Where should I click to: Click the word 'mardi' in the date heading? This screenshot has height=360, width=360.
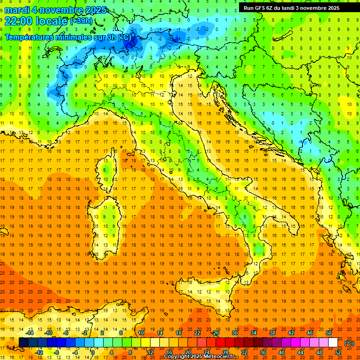coord(17,10)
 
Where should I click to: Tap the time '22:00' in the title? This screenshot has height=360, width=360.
coord(18,21)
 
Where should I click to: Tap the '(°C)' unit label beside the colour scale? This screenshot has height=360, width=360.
coord(349,343)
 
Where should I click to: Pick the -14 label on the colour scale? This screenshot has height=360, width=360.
coord(31,333)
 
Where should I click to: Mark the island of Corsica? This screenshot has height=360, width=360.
coord(110,168)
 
